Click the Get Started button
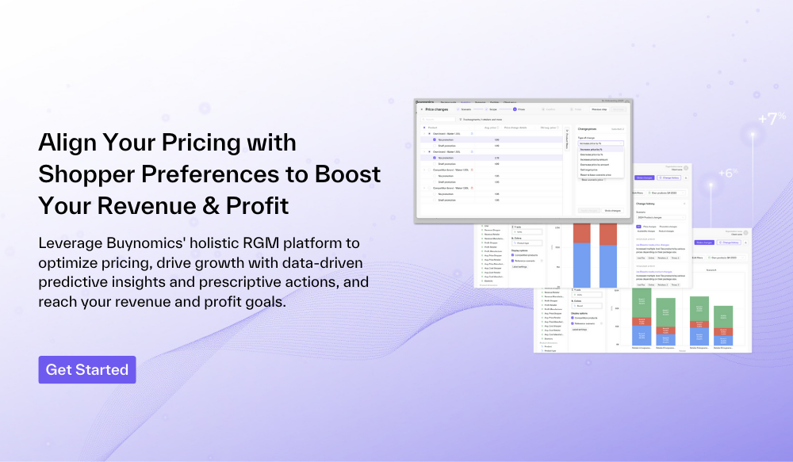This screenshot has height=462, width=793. coord(87,369)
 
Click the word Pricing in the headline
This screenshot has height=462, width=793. coord(193,143)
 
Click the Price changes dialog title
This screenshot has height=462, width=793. coord(436,109)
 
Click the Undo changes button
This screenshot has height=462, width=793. coord(613,211)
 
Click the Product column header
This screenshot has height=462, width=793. coord(432,128)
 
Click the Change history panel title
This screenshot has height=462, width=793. coord(646,204)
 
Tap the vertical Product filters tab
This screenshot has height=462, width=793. coord(567,139)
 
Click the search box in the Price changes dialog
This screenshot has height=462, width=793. coord(438,119)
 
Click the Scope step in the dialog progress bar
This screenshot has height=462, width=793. coord(492,109)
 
